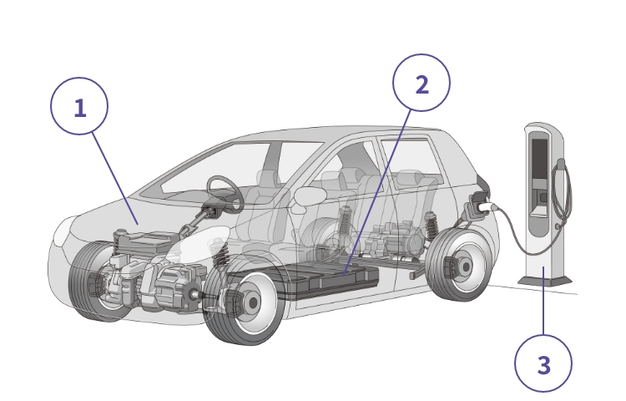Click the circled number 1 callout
coord(79,106)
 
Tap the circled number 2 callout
coord(422,83)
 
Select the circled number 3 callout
coord(543,363)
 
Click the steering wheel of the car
coord(225,194)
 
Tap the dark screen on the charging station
coord(539,159)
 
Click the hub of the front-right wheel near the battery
coord(252,302)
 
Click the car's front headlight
coord(64,232)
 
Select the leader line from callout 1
coord(115,179)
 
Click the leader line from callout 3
coord(543,301)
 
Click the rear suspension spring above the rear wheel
coord(432,226)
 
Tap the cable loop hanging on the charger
coord(562,191)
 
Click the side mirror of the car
coord(310,197)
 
